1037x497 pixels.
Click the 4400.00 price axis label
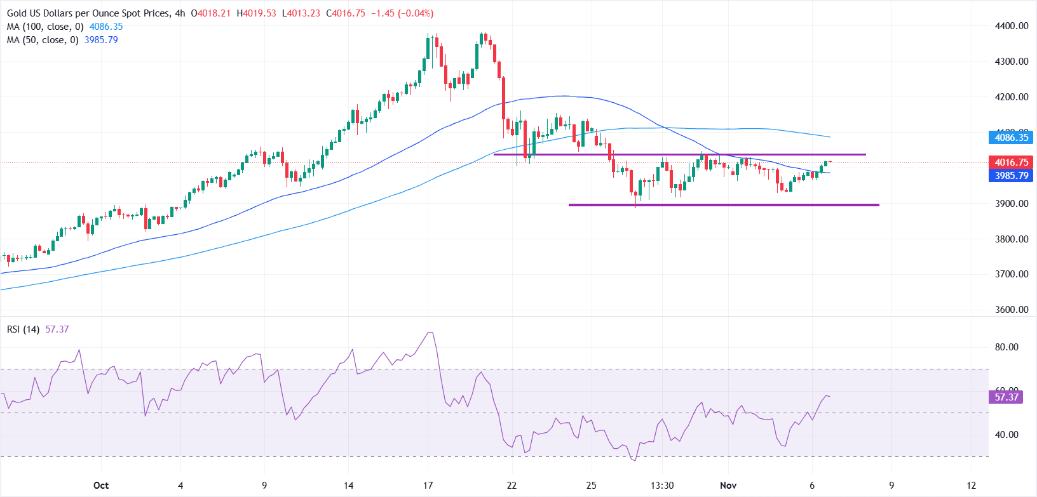(1010, 26)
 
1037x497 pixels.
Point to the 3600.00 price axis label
(1010, 310)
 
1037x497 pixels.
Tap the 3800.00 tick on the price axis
(1010, 239)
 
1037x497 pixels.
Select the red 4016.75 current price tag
(1011, 162)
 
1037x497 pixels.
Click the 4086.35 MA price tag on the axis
(1011, 138)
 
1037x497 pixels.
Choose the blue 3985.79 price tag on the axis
(1011, 176)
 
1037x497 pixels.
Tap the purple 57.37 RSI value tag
(1006, 397)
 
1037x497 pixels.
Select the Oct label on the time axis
(101, 486)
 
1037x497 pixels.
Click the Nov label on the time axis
(728, 486)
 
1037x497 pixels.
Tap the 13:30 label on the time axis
(662, 486)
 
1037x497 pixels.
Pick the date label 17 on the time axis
(428, 486)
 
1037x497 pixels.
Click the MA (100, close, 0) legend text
(45, 27)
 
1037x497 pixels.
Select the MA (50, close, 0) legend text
(43, 40)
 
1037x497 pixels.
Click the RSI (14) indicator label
(24, 329)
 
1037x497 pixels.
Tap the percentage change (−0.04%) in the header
(416, 13)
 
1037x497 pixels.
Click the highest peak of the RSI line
(431, 333)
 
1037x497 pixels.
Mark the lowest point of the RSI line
(634, 460)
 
